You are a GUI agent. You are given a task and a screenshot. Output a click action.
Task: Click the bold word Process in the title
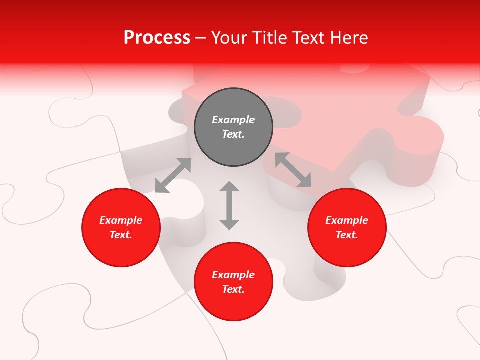157,38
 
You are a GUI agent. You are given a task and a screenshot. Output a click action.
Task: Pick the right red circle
347,245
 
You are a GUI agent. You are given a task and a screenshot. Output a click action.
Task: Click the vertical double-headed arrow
229,205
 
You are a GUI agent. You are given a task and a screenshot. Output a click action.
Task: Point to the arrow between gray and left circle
173,175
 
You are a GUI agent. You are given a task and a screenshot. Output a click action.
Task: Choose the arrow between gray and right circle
293,170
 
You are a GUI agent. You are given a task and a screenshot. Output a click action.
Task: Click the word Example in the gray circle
233,120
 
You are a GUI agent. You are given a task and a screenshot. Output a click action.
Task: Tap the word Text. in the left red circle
121,235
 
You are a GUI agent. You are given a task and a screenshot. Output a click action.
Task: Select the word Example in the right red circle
347,220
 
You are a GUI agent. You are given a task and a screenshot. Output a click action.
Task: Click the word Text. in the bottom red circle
233,289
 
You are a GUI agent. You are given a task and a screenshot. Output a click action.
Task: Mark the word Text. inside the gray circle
233,134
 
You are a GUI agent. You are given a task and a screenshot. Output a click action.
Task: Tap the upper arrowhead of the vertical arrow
229,187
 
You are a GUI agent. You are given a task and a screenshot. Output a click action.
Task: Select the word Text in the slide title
309,38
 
